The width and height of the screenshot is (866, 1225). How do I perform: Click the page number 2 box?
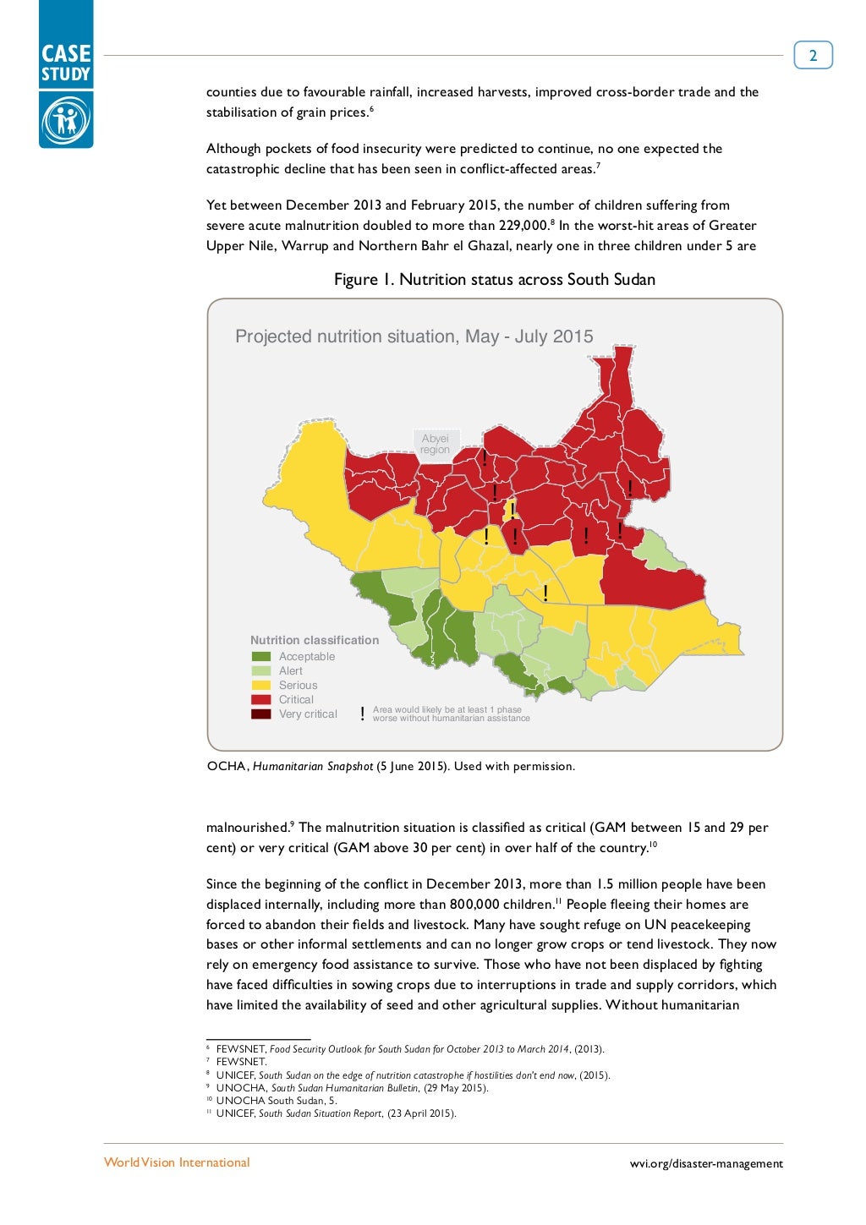[813, 56]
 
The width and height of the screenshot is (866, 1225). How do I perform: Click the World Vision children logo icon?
[66, 120]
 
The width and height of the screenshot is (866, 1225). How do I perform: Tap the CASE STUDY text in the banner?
[66, 63]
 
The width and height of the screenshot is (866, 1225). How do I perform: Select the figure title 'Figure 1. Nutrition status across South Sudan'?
[495, 280]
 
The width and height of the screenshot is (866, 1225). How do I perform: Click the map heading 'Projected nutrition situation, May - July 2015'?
[414, 336]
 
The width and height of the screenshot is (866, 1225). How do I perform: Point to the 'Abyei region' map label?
[436, 444]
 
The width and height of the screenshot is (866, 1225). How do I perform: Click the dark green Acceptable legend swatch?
[261, 657]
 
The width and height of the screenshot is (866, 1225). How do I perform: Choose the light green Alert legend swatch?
[261, 671]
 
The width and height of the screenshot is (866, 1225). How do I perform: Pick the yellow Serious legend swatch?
[261, 686]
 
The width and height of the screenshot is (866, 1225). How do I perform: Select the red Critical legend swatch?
[261, 700]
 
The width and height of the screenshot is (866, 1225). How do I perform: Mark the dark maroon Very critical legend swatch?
[261, 714]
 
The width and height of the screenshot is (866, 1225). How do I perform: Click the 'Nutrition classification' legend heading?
[315, 641]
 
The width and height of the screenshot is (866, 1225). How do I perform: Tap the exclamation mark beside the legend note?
[362, 714]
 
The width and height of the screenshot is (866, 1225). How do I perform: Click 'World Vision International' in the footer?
[177, 1162]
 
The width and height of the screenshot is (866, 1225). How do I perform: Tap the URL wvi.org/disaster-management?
[706, 1164]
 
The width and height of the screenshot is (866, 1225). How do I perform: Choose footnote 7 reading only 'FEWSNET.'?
[241, 1062]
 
